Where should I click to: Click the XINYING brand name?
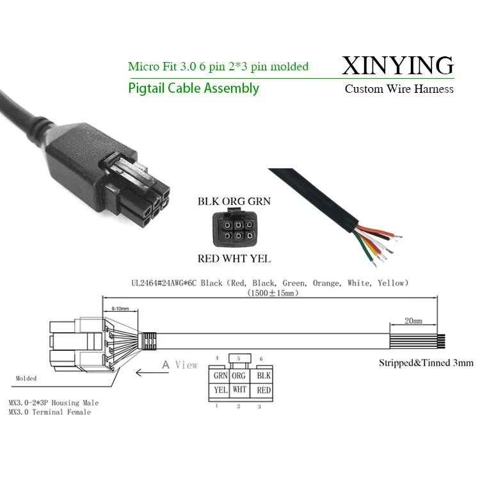(x=398, y=65)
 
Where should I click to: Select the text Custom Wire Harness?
(x=399, y=89)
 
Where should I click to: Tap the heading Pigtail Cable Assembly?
(x=193, y=88)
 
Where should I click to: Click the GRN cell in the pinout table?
(x=220, y=376)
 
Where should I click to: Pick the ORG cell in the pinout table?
(x=239, y=376)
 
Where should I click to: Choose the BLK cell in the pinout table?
(x=263, y=376)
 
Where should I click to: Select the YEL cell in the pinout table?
(x=220, y=389)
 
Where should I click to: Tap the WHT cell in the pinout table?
(x=239, y=389)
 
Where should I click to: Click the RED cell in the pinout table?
(x=263, y=389)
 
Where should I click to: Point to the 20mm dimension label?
(x=413, y=320)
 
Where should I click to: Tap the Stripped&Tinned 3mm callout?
(x=426, y=363)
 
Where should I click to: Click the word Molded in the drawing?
(x=26, y=378)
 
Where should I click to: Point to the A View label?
(x=179, y=365)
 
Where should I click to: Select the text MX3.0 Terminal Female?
(x=50, y=412)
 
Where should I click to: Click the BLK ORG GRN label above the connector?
(x=234, y=201)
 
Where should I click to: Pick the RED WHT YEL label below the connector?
(x=234, y=259)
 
